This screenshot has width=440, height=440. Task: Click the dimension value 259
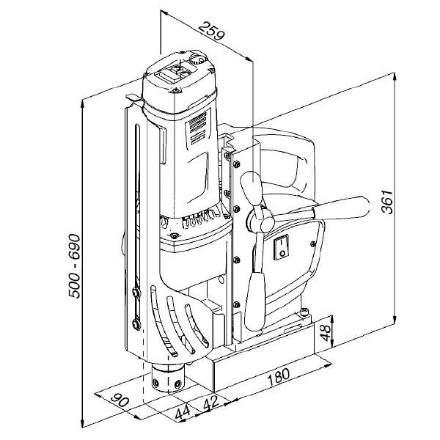pyautogui.click(x=212, y=30)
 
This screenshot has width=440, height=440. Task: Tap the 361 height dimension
pyautogui.click(x=387, y=202)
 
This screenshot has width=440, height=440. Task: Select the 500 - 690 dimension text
pyautogui.click(x=74, y=266)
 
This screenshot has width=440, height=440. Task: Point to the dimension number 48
pyautogui.click(x=326, y=332)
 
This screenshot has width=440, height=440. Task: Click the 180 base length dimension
pyautogui.click(x=279, y=377)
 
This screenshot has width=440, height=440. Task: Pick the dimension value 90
pyautogui.click(x=120, y=400)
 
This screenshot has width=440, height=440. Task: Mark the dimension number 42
pyautogui.click(x=210, y=402)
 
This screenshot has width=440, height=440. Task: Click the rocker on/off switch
pyautogui.click(x=282, y=247)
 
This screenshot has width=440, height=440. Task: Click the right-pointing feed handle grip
pyautogui.click(x=341, y=208)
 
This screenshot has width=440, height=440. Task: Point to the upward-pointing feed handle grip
pyautogui.click(x=252, y=188)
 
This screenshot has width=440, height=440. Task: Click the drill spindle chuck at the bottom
pyautogui.click(x=167, y=377)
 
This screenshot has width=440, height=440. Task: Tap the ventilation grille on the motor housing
pyautogui.click(x=198, y=128)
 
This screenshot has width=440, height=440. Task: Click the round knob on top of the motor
pyautogui.click(x=197, y=59)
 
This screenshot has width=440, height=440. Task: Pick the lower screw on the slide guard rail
pyautogui.click(x=136, y=324)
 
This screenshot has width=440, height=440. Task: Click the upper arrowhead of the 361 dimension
pyautogui.click(x=395, y=77)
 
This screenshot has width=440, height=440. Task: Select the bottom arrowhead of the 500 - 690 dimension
pyautogui.click(x=82, y=423)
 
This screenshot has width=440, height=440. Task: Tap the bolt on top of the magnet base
pyautogui.click(x=304, y=311)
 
